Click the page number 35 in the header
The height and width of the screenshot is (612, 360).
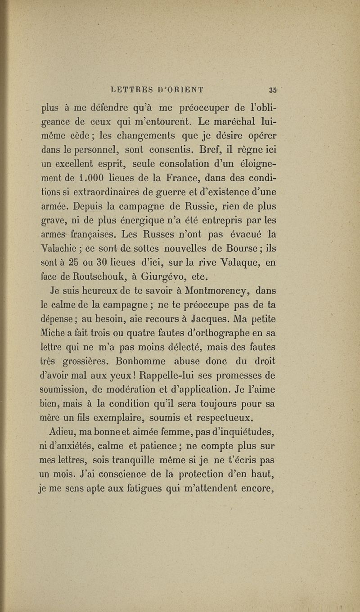(273, 88)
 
